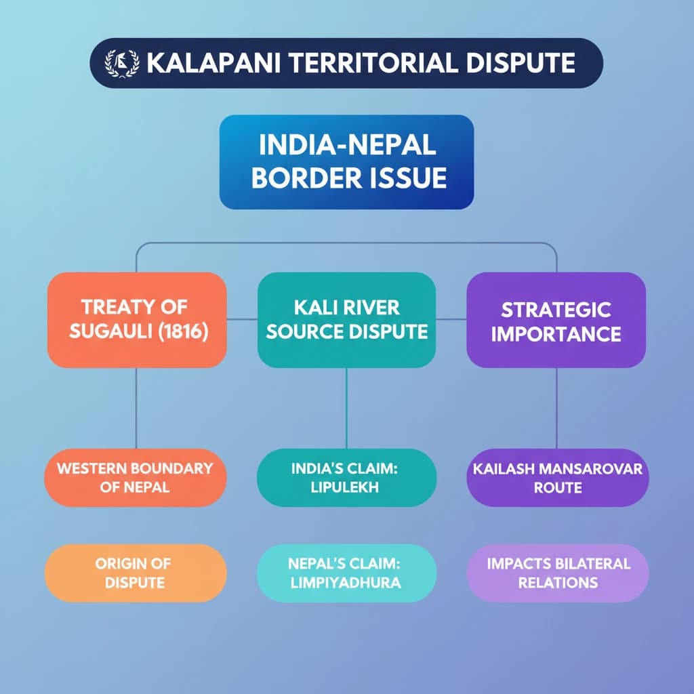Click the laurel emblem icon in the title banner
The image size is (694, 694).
121,63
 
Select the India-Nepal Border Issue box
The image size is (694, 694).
346,162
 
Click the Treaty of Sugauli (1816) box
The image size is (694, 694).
137,320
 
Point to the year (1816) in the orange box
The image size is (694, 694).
183,331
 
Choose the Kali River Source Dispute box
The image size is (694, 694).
346,320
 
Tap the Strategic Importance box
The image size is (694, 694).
556,320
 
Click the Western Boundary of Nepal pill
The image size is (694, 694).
136,478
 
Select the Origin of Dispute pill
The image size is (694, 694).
136,573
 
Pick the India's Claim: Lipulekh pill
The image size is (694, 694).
346,478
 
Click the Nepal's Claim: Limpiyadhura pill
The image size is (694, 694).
346,573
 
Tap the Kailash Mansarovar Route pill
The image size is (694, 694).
558,478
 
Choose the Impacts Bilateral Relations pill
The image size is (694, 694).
558,573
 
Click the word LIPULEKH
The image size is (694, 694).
345,487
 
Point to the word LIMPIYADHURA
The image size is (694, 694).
346,582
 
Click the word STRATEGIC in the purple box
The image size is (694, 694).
556,310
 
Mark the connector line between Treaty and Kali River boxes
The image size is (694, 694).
242,319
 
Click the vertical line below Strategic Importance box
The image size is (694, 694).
556,408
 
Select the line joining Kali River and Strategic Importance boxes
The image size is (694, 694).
451,319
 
